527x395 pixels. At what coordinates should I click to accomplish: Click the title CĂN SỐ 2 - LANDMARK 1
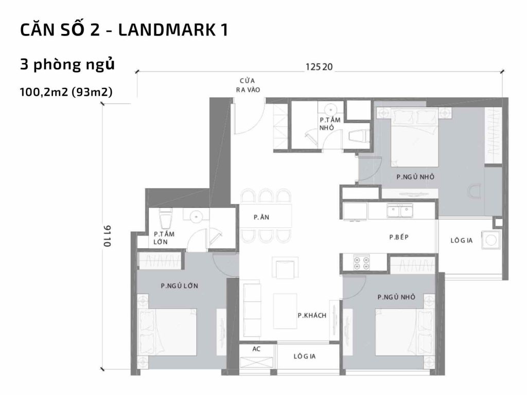pyautogui.click(x=124, y=30)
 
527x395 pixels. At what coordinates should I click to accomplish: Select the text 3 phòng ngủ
pyautogui.click(x=66, y=65)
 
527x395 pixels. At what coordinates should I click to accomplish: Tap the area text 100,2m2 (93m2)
pyautogui.click(x=66, y=92)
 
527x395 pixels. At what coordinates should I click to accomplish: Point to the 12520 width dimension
pyautogui.click(x=319, y=66)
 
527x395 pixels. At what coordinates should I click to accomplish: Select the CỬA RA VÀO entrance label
pyautogui.click(x=248, y=85)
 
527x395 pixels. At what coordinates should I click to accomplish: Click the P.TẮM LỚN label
pyautogui.click(x=164, y=238)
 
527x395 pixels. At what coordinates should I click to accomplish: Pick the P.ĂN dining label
pyautogui.click(x=261, y=218)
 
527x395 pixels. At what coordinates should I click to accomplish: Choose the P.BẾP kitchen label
pyautogui.click(x=398, y=237)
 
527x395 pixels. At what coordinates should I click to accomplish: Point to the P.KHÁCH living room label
pyautogui.click(x=312, y=315)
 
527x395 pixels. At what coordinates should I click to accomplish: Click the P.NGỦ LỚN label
pyautogui.click(x=180, y=285)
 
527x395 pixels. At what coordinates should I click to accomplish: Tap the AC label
pyautogui.click(x=256, y=348)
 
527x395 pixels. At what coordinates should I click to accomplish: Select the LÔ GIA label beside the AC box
pyautogui.click(x=304, y=356)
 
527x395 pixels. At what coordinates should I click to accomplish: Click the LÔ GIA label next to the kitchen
pyautogui.click(x=462, y=240)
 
